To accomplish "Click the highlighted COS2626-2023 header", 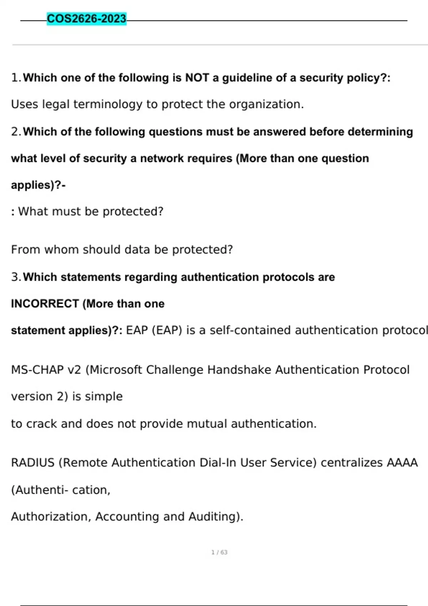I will click(x=87, y=19).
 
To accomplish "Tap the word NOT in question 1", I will click(x=197, y=78).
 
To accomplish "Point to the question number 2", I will click(x=15, y=132).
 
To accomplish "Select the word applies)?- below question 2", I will click(x=38, y=185).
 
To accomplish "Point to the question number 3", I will click(x=15, y=277).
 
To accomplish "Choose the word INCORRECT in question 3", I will click(x=45, y=304).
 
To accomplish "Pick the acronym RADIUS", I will click(x=32, y=463).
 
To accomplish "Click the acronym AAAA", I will click(x=402, y=463).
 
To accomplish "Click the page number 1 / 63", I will click(x=219, y=553).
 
